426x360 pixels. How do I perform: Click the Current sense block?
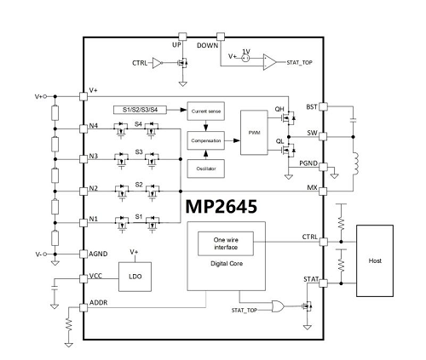pyautogui.click(x=206, y=111)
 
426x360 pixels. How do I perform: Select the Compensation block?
pyautogui.click(x=206, y=140)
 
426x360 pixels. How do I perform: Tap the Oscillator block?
pyautogui.click(x=206, y=169)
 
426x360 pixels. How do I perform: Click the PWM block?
pyautogui.click(x=254, y=133)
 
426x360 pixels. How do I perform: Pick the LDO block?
pyautogui.click(x=135, y=277)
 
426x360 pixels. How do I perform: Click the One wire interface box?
pyautogui.click(x=226, y=243)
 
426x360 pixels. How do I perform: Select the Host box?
pyautogui.click(x=375, y=260)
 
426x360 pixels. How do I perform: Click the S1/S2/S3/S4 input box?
pyautogui.click(x=140, y=110)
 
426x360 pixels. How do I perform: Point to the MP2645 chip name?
pyautogui.click(x=222, y=206)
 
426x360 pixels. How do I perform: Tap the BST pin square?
pyautogui.click(x=323, y=106)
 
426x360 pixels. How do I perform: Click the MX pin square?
pyautogui.click(x=323, y=191)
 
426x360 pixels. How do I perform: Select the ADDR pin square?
pyautogui.click(x=83, y=307)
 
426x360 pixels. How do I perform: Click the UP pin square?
pyautogui.click(x=182, y=37)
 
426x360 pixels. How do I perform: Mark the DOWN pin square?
pyautogui.click(x=221, y=37)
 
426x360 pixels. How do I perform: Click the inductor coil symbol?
pyautogui.click(x=355, y=163)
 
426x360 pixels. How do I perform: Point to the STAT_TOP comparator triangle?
pyautogui.click(x=269, y=62)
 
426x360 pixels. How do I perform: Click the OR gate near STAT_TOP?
pyautogui.click(x=278, y=306)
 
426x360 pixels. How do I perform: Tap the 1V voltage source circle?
pyautogui.click(x=245, y=58)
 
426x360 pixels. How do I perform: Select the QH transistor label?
pyautogui.click(x=279, y=109)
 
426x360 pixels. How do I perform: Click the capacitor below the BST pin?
pyautogui.click(x=354, y=120)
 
